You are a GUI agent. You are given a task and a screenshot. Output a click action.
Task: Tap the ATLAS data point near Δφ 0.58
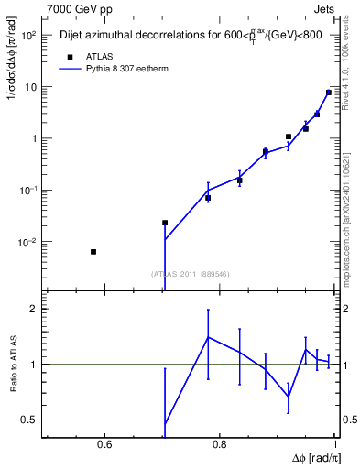click(93, 251)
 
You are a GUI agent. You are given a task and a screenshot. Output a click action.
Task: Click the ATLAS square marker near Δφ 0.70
click(165, 223)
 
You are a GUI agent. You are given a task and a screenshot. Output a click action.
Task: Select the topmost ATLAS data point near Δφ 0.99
click(329, 93)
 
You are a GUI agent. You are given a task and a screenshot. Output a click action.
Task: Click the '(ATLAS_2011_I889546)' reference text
click(190, 273)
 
